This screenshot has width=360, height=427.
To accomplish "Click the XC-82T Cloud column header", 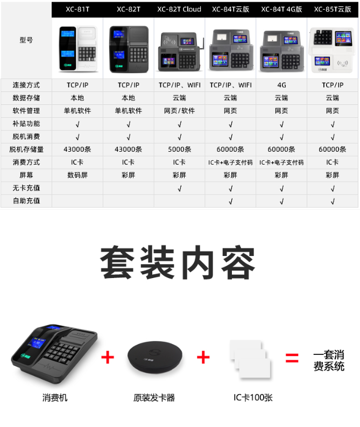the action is [x=179, y=9].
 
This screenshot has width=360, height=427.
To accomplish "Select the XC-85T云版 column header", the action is [x=333, y=9].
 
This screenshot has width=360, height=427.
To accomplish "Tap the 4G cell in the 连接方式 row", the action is [x=281, y=85].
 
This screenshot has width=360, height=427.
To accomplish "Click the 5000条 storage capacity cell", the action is [x=180, y=149].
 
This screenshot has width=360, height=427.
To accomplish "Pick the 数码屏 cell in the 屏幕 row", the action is [x=77, y=175].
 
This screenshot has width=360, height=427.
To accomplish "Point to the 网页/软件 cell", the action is [x=179, y=111].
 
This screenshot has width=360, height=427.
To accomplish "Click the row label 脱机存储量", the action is [x=26, y=149].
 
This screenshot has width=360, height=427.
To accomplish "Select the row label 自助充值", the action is [x=26, y=201].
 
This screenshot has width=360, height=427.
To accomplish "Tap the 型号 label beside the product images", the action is [x=26, y=40].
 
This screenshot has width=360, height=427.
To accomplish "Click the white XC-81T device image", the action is [x=78, y=48].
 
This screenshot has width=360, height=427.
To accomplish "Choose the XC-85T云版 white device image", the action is [x=333, y=50].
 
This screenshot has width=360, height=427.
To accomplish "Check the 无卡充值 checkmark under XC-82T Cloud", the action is [x=180, y=188].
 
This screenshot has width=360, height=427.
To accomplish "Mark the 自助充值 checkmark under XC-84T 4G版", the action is [x=282, y=201].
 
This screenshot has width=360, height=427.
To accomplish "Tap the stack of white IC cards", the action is [x=250, y=359].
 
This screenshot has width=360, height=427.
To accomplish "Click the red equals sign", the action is [x=292, y=358].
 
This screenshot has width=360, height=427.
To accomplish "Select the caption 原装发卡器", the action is [x=154, y=398].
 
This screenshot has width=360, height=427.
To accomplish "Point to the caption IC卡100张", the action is [x=253, y=397].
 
